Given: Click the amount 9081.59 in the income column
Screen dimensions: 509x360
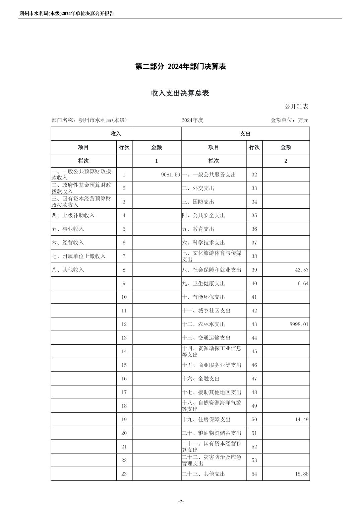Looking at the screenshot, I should pos(170,174).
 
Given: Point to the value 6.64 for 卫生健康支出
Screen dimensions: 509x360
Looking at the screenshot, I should pos(303,284).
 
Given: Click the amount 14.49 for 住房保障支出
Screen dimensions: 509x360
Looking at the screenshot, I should pos(302,420).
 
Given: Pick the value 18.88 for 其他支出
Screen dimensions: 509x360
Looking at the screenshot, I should pos(302,474).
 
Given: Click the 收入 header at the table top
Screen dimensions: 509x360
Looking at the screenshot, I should pos(116,134).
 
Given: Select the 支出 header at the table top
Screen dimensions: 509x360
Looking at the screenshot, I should pos(245,134).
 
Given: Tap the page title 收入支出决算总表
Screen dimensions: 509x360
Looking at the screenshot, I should pos(180,93).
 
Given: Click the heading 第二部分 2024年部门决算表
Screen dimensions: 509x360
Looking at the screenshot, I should pos(180,66).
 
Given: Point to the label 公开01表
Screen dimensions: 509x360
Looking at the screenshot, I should pos(296,106).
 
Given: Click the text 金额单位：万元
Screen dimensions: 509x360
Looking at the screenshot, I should pos(289,120).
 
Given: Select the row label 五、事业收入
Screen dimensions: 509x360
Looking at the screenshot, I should pos(68,229).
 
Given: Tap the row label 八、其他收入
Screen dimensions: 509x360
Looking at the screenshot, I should pos(68,270).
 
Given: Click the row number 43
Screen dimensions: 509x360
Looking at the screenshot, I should pos(254,324).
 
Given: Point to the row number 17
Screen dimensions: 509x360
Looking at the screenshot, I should pos(124,392).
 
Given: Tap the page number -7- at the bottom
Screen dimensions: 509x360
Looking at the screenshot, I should pos(181,501).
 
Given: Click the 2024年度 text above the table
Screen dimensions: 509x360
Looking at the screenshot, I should pos(192,120).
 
